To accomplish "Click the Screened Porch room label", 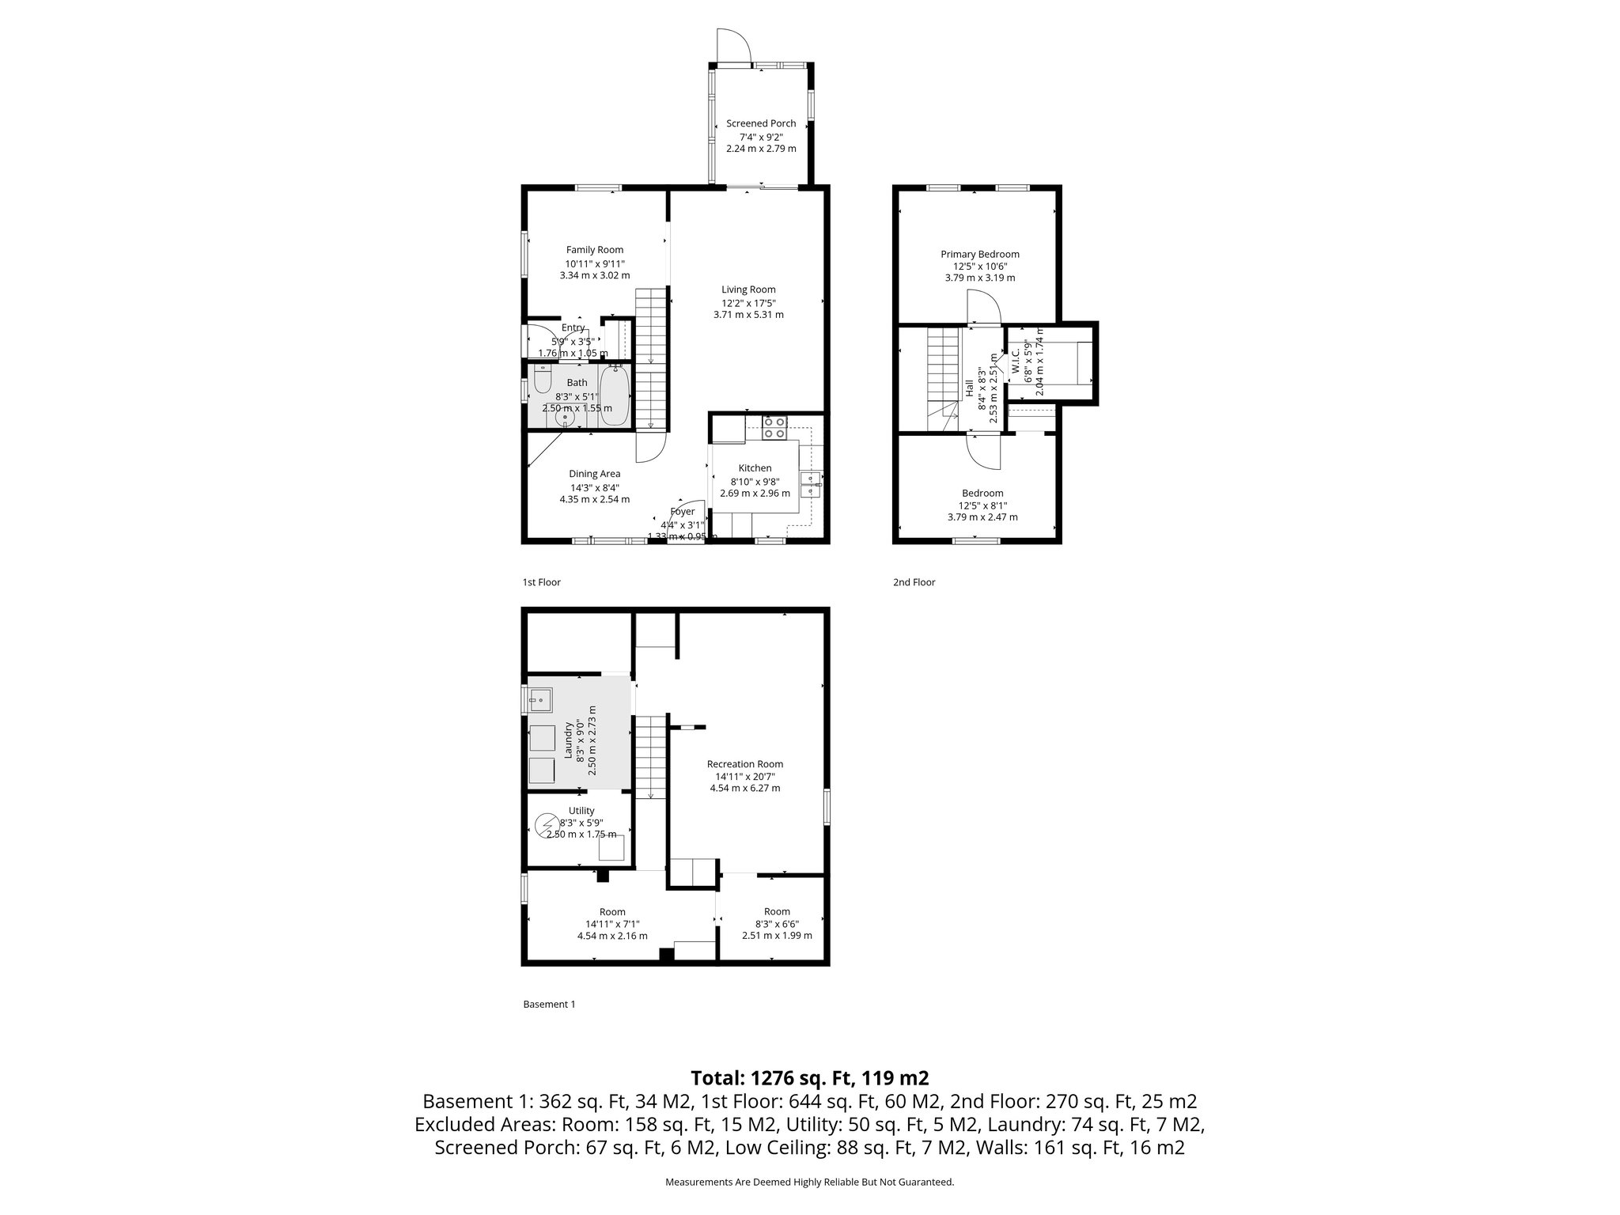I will pos(761,123).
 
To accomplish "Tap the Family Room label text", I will pos(594,250).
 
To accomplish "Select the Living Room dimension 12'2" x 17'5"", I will pos(748,303).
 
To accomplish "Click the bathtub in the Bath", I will pos(615,396).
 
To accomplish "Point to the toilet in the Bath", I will pos(543,380).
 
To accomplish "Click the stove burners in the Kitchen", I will pos(774,427).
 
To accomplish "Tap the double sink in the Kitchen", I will pos(812,483).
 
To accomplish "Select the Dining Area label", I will pos(594,474).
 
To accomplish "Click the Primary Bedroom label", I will pos(979,254).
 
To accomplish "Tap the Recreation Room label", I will pos(744,764).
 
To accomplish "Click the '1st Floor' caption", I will pos(541,582).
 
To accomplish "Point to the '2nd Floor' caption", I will pos(914,582).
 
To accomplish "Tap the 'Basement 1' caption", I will pos(549,1005).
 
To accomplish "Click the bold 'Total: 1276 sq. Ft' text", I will pos(809,1078).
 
